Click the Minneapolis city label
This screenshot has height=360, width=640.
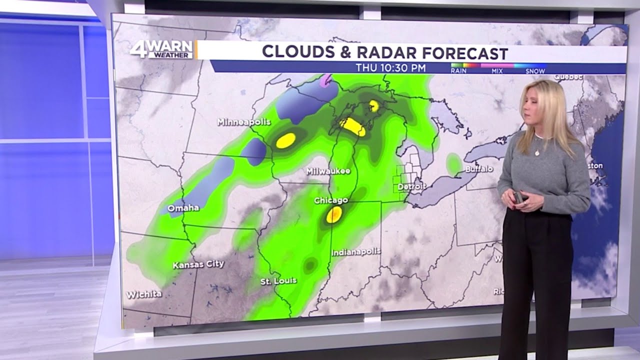pos(243,122)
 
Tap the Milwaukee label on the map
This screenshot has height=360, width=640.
pos(328,171)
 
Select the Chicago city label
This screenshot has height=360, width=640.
pos(330,200)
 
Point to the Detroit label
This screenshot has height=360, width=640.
pos(412,186)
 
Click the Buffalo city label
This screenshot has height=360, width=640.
pos(478,169)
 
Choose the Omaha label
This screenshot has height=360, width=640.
pos(183,208)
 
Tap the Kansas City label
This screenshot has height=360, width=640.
pos(198,264)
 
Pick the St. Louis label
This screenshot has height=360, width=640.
pos(278,281)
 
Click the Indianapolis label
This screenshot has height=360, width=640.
pos(356,252)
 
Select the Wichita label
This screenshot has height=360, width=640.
pos(144,294)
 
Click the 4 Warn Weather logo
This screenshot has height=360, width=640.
pos(161,49)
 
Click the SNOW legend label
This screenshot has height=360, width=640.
pos(535,71)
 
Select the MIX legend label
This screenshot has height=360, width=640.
pos(497,71)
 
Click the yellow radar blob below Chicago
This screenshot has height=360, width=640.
pos(333,214)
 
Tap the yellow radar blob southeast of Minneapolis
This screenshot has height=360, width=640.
pos(285,140)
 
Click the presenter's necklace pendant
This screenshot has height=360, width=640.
pos(537,153)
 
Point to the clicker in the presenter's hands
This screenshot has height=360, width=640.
pos(518,197)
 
